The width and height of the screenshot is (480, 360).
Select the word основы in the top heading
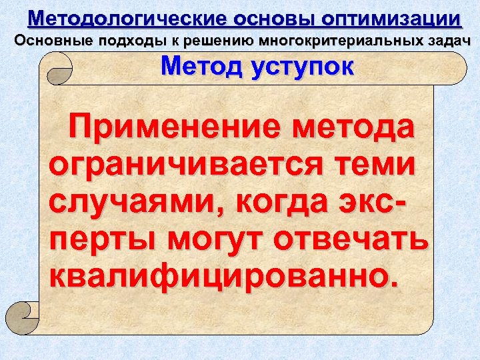[x=253, y=18]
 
